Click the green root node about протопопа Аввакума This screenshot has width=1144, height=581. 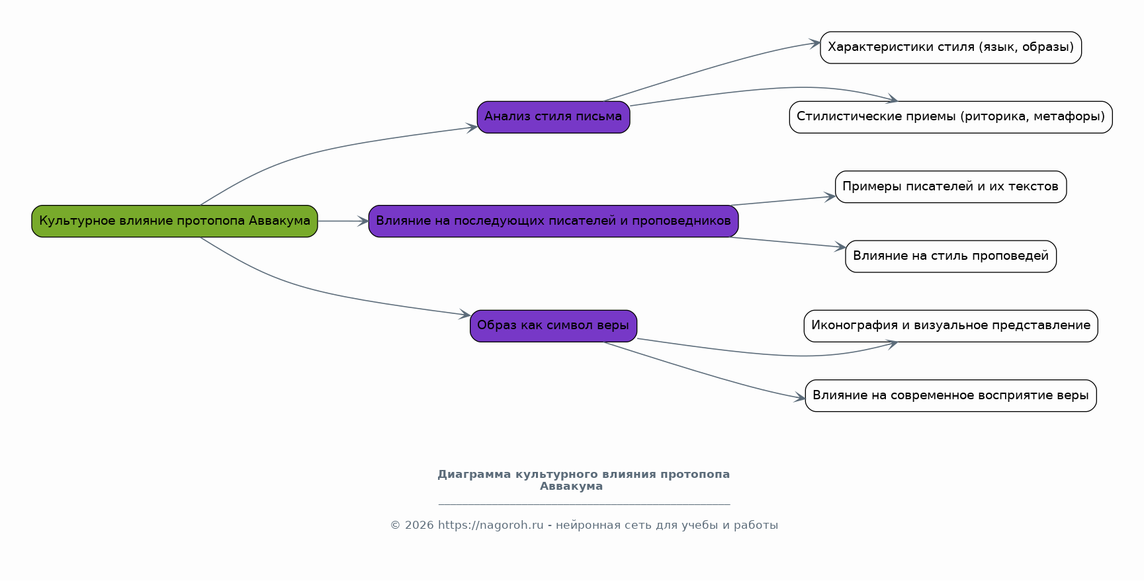(x=175, y=221)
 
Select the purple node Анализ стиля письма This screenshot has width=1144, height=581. (x=553, y=117)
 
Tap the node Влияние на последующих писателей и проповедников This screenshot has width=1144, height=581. (x=553, y=221)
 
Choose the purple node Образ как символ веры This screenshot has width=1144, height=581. (x=553, y=326)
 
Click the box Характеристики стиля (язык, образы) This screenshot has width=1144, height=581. (x=951, y=48)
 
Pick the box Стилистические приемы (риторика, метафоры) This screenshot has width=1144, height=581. (x=951, y=117)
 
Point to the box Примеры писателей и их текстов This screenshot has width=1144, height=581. (x=951, y=187)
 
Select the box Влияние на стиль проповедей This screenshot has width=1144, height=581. (x=951, y=256)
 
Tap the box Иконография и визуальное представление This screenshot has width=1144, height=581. (x=951, y=326)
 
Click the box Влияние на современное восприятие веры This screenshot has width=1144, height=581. (x=951, y=395)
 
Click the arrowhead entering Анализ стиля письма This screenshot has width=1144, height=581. (x=472, y=128)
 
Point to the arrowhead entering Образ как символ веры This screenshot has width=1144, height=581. (x=464, y=315)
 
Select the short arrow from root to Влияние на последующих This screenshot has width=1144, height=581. (x=343, y=221)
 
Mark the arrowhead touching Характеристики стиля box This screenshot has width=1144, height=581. (x=815, y=44)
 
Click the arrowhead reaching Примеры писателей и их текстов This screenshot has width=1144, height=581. (x=830, y=196)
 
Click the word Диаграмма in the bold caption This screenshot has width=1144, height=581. (x=474, y=474)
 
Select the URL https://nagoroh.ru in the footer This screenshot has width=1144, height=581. (x=490, y=525)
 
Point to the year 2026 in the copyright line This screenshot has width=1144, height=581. (x=419, y=525)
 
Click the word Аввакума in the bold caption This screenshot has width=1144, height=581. (x=571, y=486)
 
